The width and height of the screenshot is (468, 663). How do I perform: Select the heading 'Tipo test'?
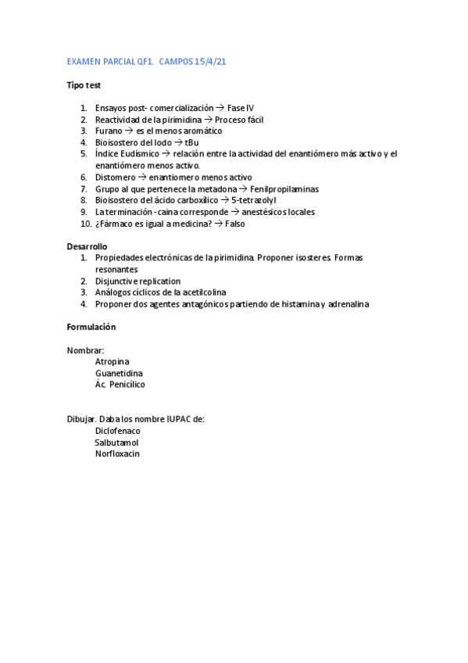(x=83, y=85)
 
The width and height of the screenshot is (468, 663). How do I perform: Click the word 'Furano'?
(x=109, y=131)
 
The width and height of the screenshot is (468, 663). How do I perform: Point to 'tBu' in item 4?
(x=191, y=142)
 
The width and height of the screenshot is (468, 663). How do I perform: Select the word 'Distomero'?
(x=114, y=177)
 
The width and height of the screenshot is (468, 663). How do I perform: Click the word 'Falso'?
(x=235, y=224)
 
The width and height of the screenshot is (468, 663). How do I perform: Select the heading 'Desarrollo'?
(x=87, y=246)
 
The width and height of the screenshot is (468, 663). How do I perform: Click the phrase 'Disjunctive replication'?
(x=138, y=281)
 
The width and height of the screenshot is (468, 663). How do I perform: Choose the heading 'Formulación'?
(x=91, y=327)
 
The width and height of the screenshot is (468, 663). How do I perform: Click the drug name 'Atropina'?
(x=113, y=361)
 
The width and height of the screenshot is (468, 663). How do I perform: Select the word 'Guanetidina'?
(x=119, y=373)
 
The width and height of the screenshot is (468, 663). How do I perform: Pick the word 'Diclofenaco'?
(x=118, y=431)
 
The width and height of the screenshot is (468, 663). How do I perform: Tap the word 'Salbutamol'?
(x=116, y=443)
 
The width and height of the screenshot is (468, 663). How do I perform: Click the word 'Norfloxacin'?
(x=117, y=453)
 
